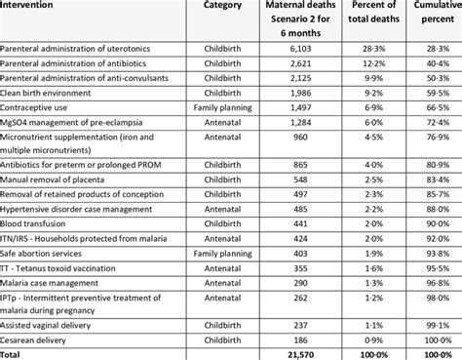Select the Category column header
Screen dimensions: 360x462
222,5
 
